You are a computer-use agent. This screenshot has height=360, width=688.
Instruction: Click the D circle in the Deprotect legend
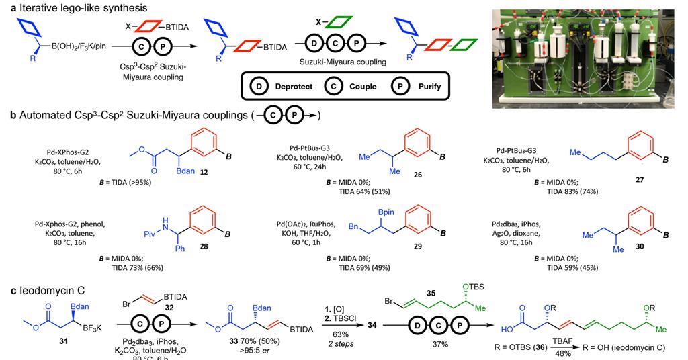pos(261,87)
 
